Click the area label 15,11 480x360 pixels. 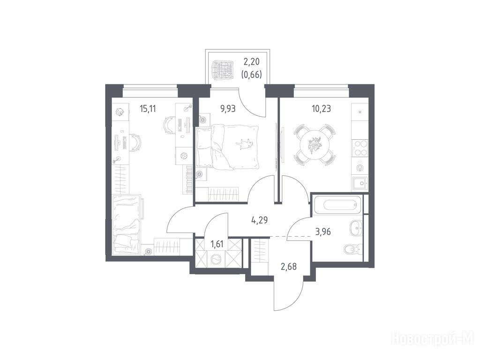pos(148,109)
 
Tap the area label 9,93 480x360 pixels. pos(228,109)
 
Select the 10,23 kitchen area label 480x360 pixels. pos(321,109)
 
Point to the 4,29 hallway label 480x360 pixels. pos(260,220)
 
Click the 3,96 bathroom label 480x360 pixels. pos(323,232)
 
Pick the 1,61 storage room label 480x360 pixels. pos(217,244)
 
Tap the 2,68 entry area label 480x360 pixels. pos(289,267)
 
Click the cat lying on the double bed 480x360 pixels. pos(244,144)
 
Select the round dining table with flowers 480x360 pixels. pos(315,145)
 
